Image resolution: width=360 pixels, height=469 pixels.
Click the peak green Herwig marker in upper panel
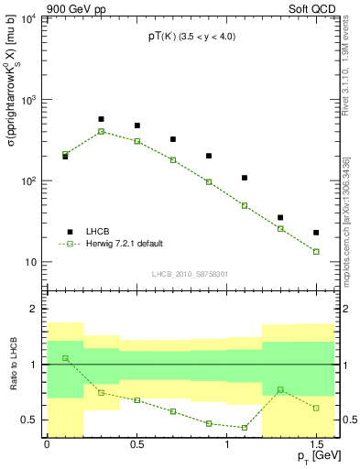click(x=101, y=131)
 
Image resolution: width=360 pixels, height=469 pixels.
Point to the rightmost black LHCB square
click(x=316, y=233)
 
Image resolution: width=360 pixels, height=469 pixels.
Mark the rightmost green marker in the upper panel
click(x=316, y=251)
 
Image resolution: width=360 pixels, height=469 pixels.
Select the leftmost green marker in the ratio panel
click(x=65, y=358)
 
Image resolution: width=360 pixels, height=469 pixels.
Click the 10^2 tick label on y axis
click(x=30, y=180)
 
